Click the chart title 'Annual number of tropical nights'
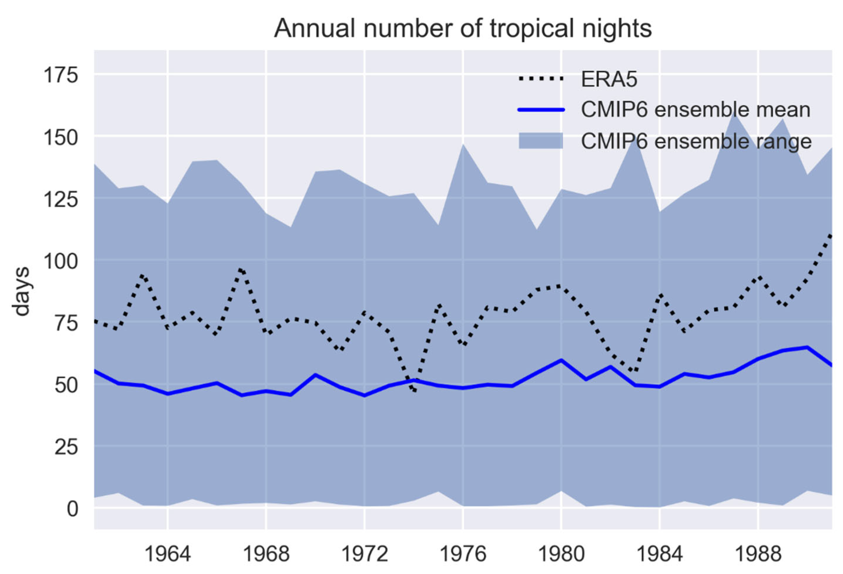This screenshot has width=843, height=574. (x=462, y=28)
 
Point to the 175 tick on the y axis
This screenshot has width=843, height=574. (x=61, y=76)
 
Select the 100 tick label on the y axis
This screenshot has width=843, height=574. (x=61, y=261)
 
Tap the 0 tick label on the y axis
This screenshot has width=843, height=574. (x=72, y=509)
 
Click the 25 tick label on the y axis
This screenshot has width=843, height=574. (x=66, y=447)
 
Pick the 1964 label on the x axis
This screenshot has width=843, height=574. (x=167, y=554)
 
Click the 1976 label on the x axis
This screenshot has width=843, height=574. (x=463, y=554)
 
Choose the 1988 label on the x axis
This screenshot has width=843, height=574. (x=758, y=554)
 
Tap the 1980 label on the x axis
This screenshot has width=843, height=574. (x=561, y=554)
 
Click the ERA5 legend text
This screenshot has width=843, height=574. (x=609, y=79)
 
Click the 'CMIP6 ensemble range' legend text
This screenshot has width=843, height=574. (x=696, y=141)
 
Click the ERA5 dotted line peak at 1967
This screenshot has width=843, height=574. (x=242, y=269)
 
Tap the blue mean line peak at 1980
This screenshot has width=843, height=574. (x=561, y=360)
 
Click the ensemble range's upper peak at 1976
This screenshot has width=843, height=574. (x=463, y=145)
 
